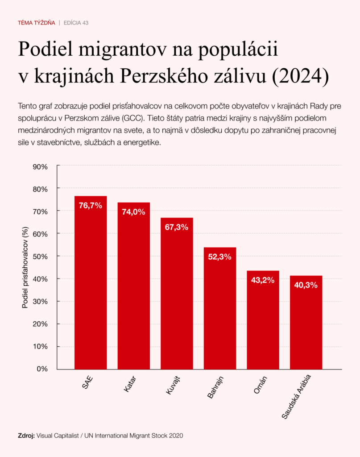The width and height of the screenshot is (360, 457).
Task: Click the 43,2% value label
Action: [x=263, y=281]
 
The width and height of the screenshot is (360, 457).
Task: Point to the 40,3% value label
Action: [x=306, y=285]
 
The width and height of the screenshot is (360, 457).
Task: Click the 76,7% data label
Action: [x=91, y=206]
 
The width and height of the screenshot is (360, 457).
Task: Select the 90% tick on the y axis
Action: [x=40, y=166]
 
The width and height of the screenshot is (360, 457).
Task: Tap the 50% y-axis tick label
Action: [x=40, y=256]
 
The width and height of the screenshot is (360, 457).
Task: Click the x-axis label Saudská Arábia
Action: [x=297, y=397]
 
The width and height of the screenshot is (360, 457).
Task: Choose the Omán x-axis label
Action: [x=260, y=385]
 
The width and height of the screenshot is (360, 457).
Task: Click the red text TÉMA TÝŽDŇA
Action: [x=37, y=22]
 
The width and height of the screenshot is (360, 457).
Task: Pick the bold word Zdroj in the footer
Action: [x=26, y=435]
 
